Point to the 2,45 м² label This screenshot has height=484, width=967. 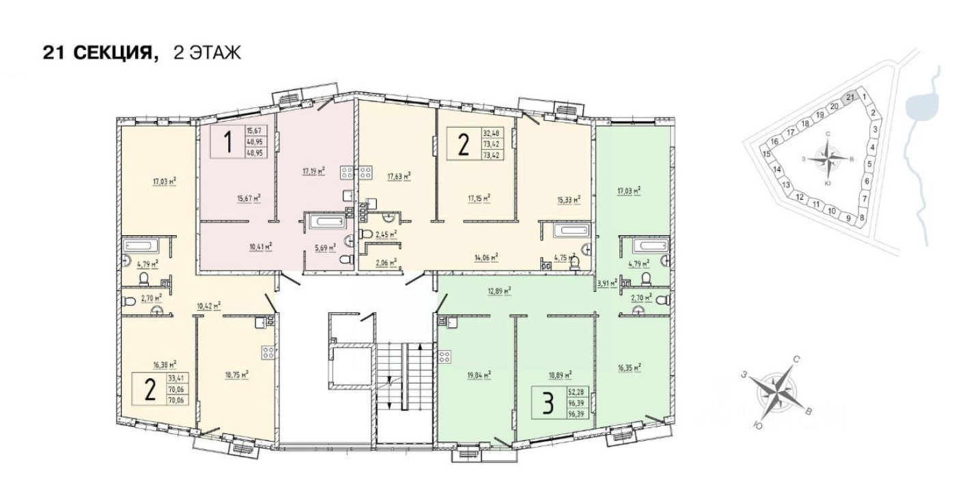pyautogui.click(x=387, y=234)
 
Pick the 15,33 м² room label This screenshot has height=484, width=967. pyautogui.click(x=568, y=200)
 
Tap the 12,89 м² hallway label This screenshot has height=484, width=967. pyautogui.click(x=500, y=291)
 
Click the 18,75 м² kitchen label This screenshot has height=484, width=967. pyautogui.click(x=236, y=374)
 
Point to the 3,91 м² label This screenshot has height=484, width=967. pyautogui.click(x=607, y=282)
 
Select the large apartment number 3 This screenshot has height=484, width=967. pyautogui.click(x=546, y=403)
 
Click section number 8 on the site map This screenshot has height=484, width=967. pyautogui.click(x=862, y=218)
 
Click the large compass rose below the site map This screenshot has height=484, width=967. pyautogui.click(x=776, y=393)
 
